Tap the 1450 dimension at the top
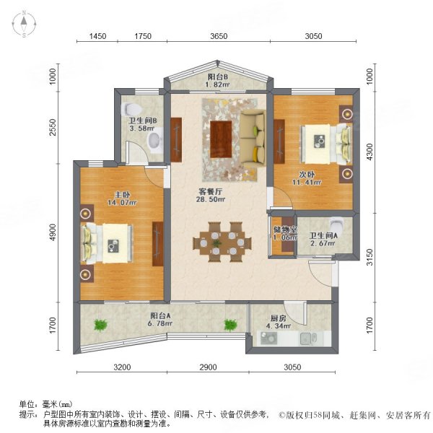97,37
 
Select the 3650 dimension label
219,37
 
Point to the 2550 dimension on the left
53,127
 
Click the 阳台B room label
218,76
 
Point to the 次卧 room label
306,174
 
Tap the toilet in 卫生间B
154,144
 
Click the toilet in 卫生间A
337,223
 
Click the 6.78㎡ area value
160,323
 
